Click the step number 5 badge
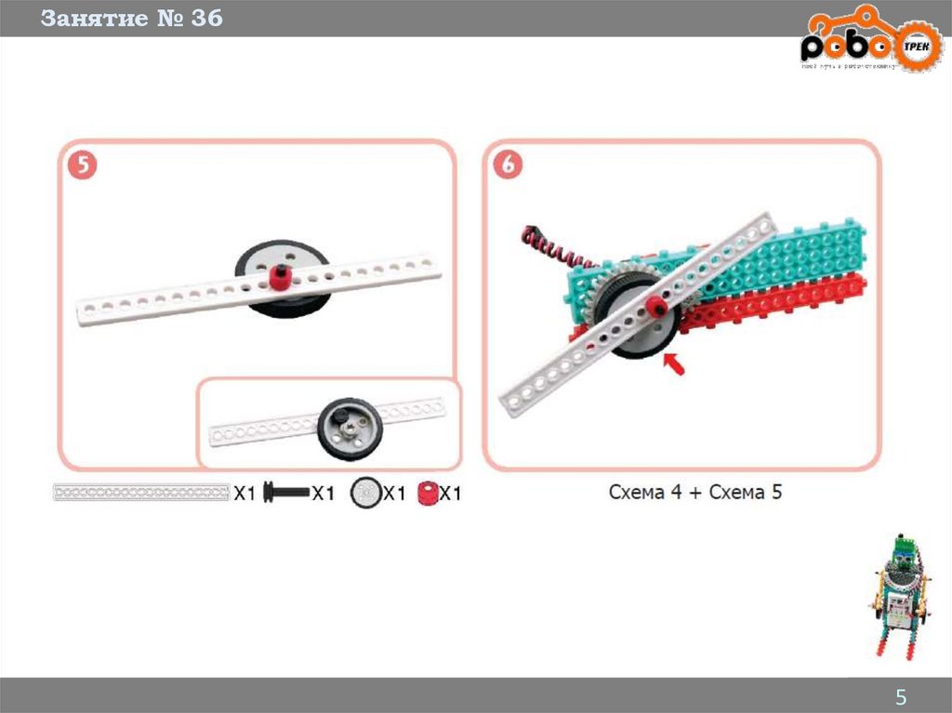(82, 166)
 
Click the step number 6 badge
(508, 166)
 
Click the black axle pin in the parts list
(285, 494)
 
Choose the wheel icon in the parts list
(365, 494)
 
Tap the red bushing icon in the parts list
(428, 493)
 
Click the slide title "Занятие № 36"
(131, 19)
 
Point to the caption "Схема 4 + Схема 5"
(695, 492)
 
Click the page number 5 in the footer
(900, 697)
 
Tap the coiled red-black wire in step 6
(549, 246)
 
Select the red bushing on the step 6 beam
(658, 307)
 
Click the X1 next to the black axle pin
(322, 494)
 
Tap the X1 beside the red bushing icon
(450, 494)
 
